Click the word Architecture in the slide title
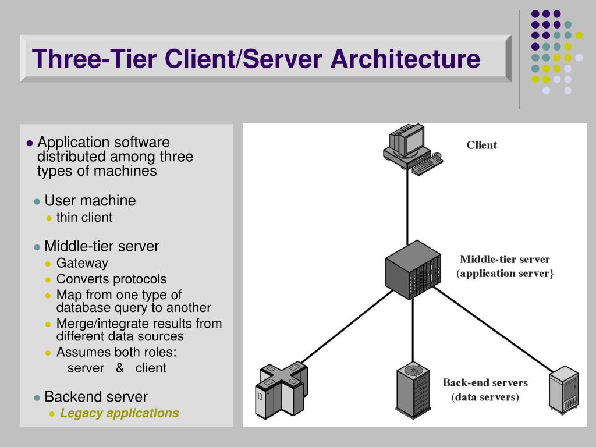[x=406, y=59]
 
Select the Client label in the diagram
[x=481, y=145]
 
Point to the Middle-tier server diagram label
[x=505, y=260]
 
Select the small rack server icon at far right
[x=563, y=389]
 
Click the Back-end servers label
[x=485, y=383]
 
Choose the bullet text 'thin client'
[x=84, y=218]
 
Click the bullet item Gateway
[x=82, y=263]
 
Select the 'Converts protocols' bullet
[x=111, y=279]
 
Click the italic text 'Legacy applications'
[x=119, y=413]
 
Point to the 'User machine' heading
[x=90, y=201]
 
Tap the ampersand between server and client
[x=120, y=368]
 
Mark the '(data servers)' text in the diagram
[x=485, y=398]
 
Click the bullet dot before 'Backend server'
[x=37, y=398]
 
